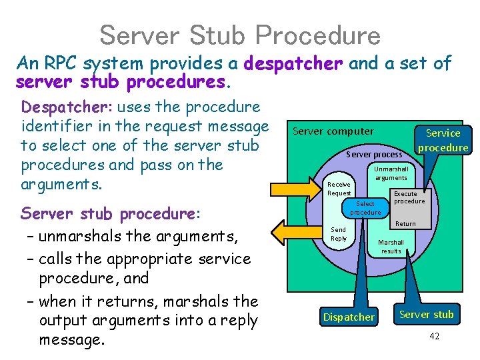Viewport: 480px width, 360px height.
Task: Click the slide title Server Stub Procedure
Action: click(x=239, y=35)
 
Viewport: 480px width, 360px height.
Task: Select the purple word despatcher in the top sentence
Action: click(x=293, y=64)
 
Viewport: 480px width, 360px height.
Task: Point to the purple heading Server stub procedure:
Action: click(x=109, y=214)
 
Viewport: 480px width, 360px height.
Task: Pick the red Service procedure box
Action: click(x=443, y=140)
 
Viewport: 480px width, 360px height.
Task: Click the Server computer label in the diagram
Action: click(x=333, y=131)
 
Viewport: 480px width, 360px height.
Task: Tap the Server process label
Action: click(x=374, y=154)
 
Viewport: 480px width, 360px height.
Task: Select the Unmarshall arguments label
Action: click(x=391, y=173)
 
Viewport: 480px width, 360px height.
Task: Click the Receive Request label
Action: click(x=339, y=189)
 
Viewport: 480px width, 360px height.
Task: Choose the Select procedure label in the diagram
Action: click(x=365, y=208)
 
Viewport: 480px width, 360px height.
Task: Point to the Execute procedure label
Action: click(x=409, y=197)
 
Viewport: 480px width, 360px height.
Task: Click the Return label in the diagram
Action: click(x=405, y=224)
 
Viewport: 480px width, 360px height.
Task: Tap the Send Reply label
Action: click(x=339, y=234)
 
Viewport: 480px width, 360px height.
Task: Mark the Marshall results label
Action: click(x=391, y=247)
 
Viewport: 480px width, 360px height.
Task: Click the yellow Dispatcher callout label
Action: click(x=349, y=317)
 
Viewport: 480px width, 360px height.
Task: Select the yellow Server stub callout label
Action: click(x=426, y=314)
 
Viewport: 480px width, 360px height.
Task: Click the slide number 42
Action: click(x=434, y=336)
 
